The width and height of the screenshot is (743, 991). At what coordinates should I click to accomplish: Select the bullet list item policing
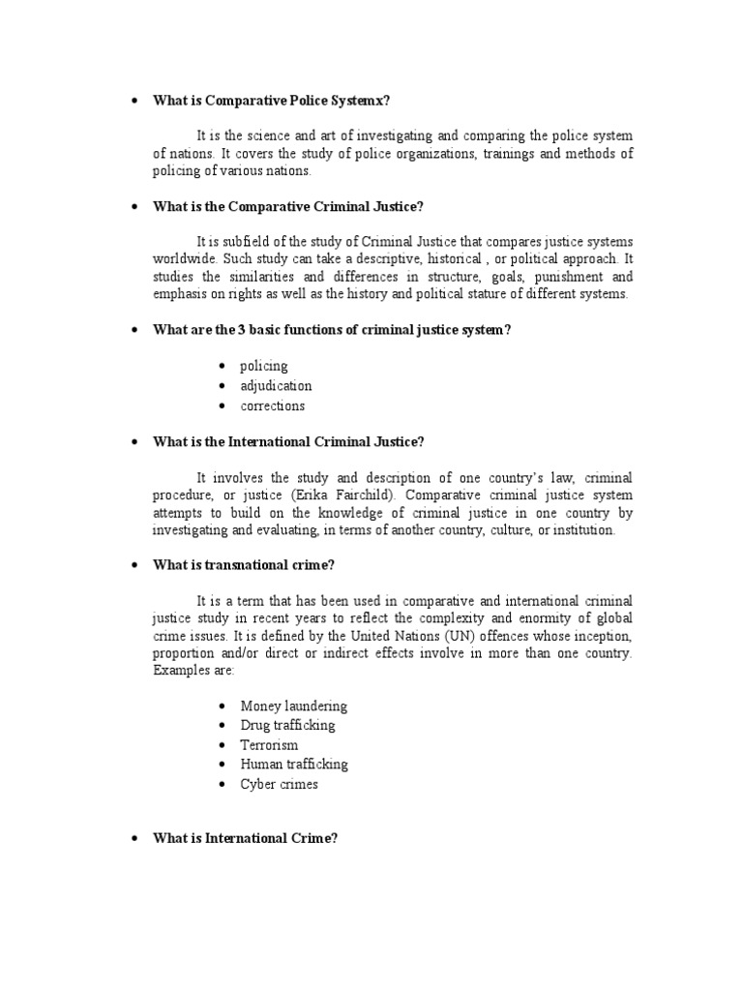click(264, 366)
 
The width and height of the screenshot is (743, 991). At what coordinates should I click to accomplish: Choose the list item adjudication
click(276, 385)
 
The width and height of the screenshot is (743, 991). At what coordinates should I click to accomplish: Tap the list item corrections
click(272, 405)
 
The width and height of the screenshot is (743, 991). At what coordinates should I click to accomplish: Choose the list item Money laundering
click(293, 706)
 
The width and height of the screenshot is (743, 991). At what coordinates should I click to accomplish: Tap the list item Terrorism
click(269, 744)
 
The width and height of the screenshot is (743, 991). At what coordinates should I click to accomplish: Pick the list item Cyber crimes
click(279, 784)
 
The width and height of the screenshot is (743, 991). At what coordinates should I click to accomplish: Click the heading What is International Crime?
click(245, 839)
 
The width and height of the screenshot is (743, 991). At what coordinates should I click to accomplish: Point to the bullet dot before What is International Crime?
click(134, 839)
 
